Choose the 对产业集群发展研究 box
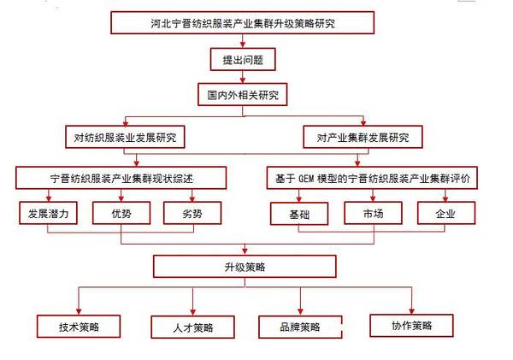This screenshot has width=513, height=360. (x=363, y=137)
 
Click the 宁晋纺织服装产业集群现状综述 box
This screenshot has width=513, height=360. (x=121, y=178)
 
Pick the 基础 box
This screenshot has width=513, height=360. (x=300, y=213)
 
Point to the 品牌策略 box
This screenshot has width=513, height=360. (x=300, y=327)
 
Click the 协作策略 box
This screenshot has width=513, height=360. (x=411, y=325)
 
